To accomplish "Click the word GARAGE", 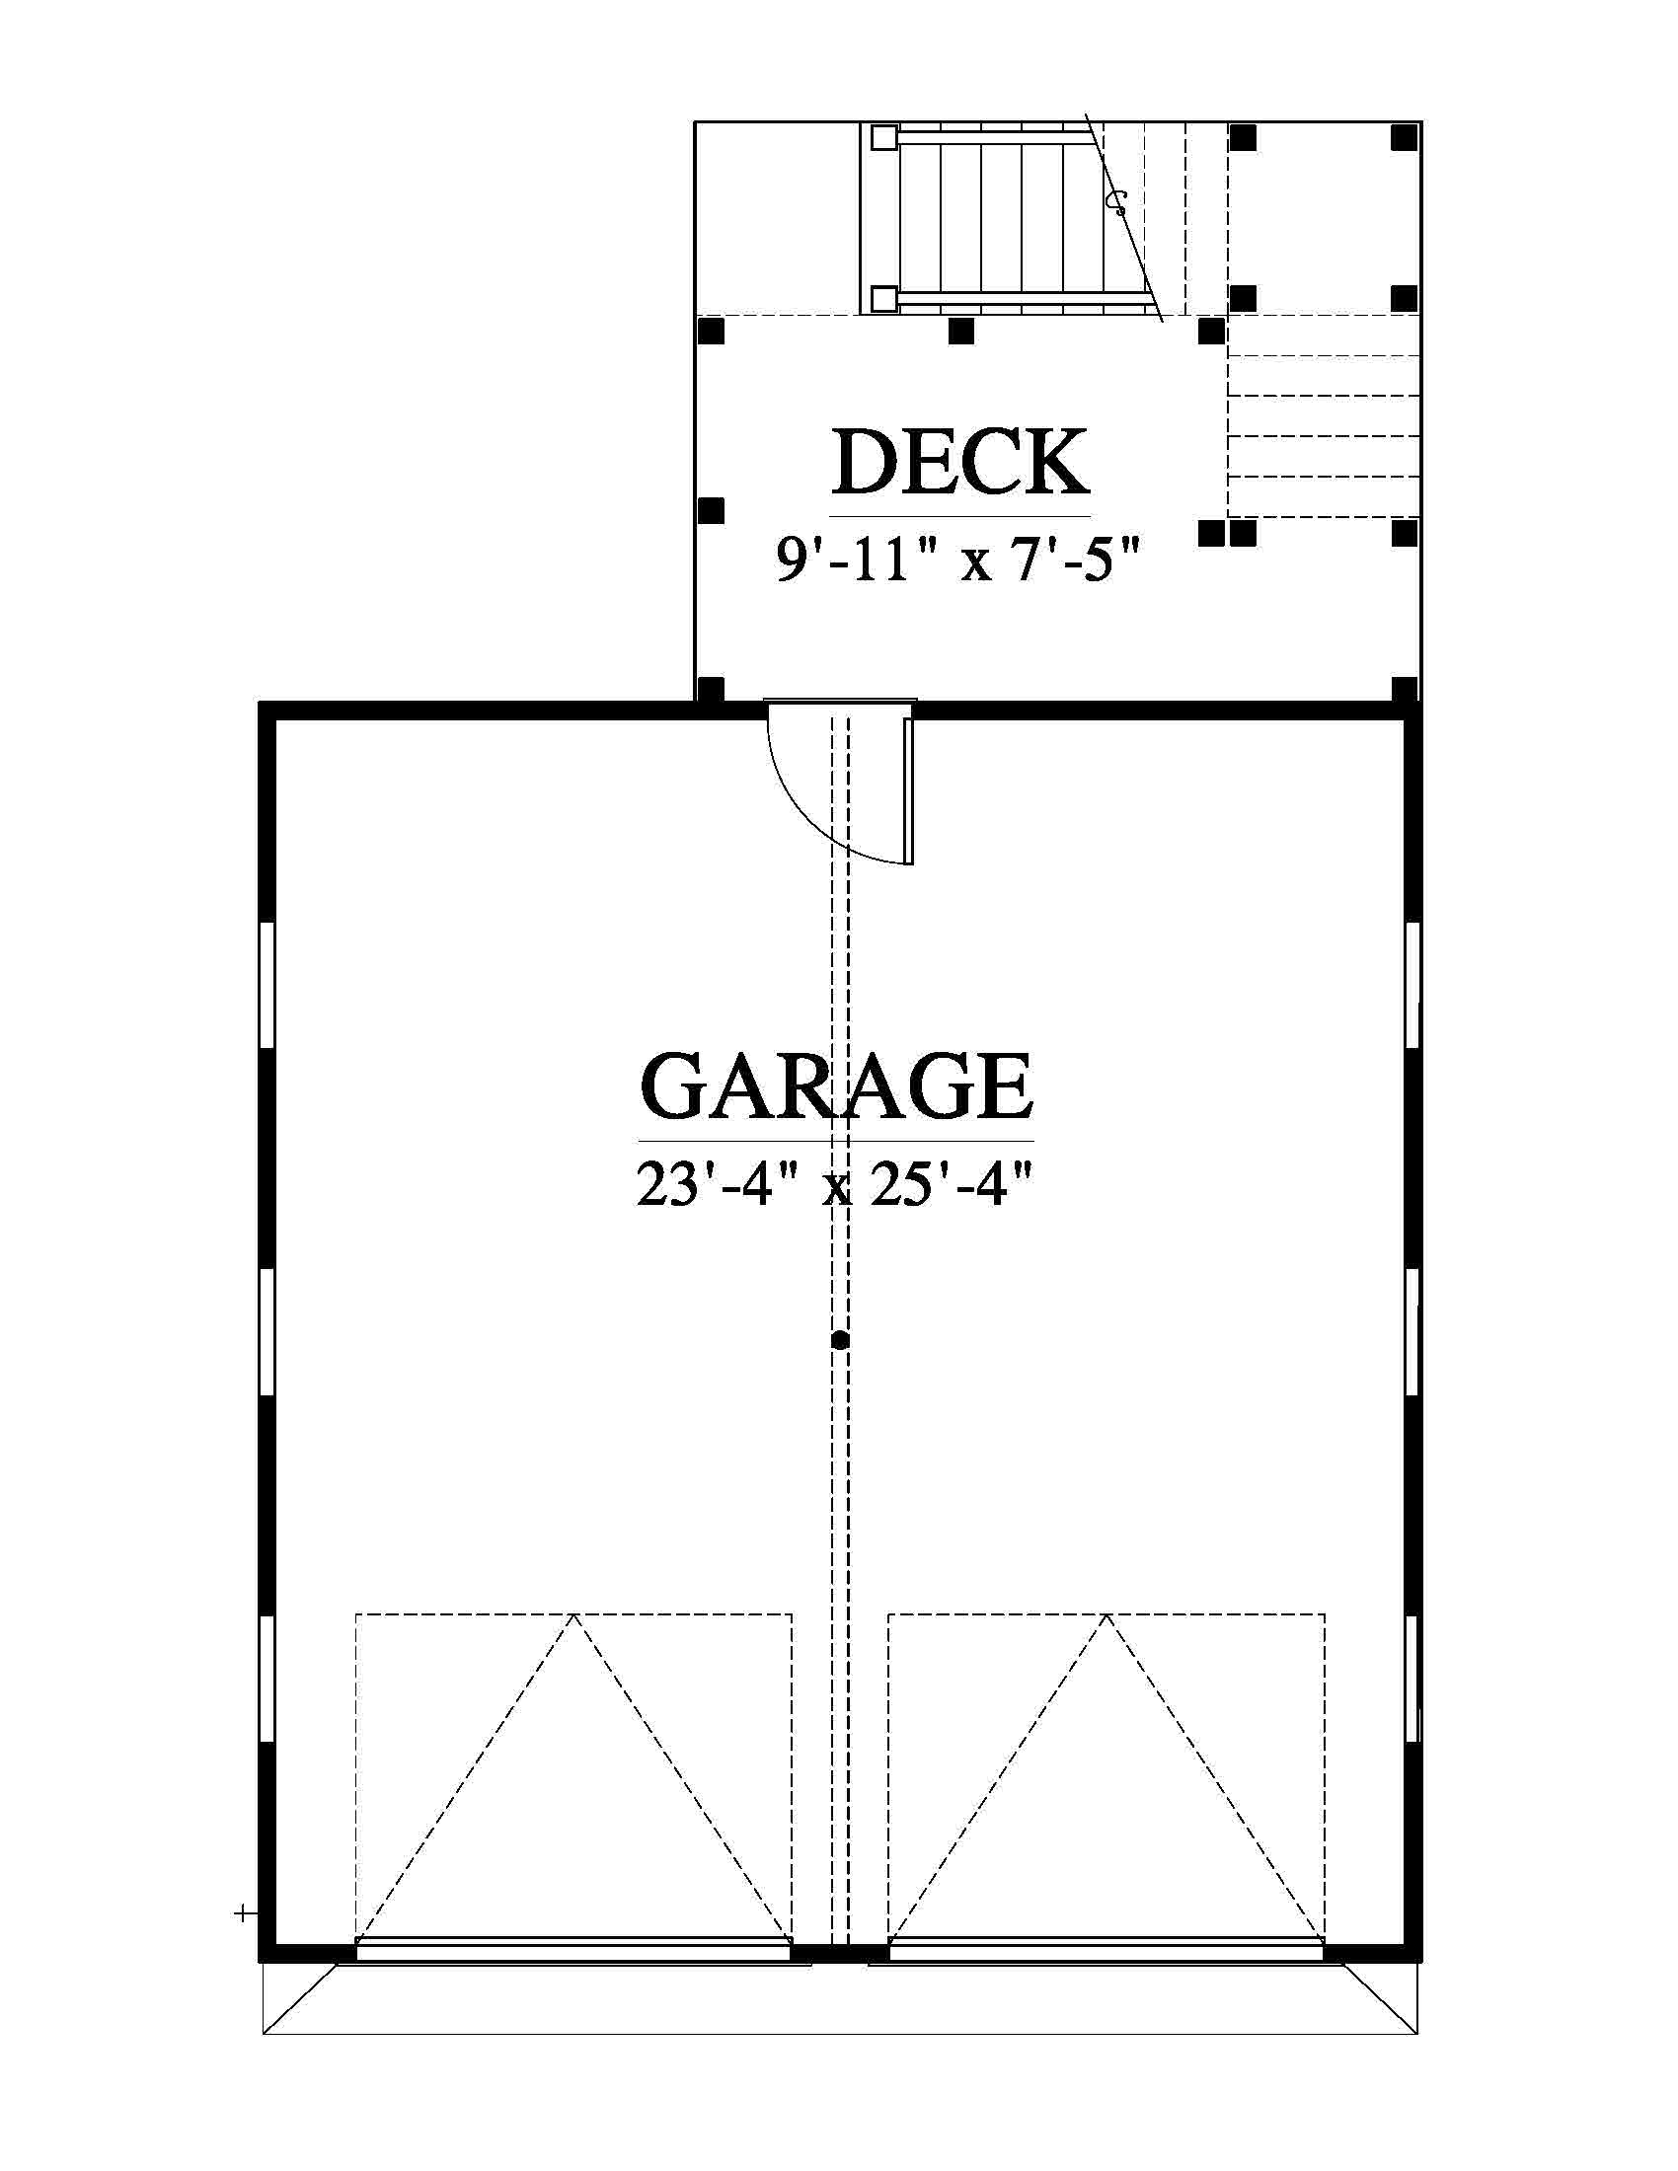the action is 836,1086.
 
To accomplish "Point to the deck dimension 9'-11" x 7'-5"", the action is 955,560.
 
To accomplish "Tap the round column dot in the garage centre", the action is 840,1340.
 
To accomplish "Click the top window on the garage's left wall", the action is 267,984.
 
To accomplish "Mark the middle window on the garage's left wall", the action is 267,1332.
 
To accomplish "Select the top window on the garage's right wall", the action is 1412,984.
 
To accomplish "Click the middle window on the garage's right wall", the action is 1412,1332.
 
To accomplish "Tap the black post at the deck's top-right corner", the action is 1404,136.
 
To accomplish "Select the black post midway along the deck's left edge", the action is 710,511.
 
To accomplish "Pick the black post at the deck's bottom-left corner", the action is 710,689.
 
